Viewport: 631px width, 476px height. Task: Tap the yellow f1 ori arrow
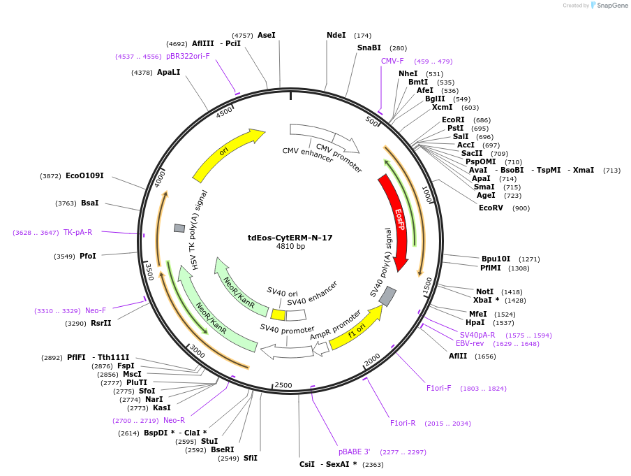point(357,329)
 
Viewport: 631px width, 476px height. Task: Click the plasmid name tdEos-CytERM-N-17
point(290,238)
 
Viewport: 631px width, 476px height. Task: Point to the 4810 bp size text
point(290,247)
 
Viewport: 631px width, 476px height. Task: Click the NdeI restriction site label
point(336,35)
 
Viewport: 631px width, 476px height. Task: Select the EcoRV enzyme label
point(491,208)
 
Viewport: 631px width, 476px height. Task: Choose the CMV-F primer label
point(392,61)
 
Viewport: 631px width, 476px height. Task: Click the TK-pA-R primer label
point(77,232)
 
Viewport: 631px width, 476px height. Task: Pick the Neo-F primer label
point(96,310)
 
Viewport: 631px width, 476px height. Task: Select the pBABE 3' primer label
point(355,452)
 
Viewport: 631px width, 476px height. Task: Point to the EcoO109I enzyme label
point(84,175)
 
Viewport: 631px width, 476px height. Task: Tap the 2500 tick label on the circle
point(283,384)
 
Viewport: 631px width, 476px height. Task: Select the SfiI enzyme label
point(251,458)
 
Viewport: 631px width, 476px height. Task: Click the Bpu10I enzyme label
point(496,259)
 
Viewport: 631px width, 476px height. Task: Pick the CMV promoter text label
point(339,158)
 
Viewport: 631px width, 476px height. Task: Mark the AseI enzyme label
point(267,35)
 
